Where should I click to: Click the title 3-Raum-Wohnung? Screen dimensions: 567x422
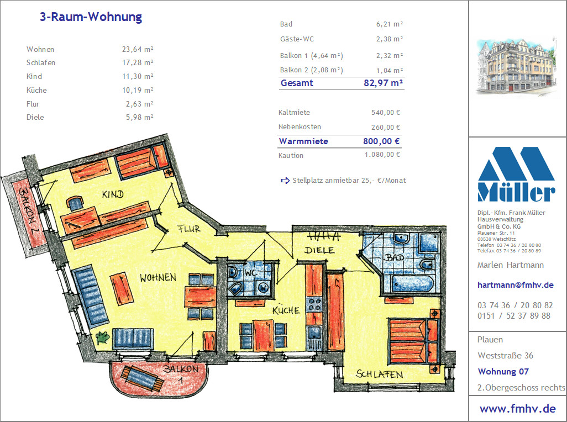click(91, 17)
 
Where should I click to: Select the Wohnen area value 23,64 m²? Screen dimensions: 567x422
click(138, 49)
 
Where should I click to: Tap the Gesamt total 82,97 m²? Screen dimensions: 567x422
click(384, 83)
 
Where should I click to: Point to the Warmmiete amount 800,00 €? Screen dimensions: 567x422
click(381, 141)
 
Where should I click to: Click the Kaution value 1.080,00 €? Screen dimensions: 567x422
click(382, 155)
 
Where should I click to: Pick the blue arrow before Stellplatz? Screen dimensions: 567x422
click(285, 180)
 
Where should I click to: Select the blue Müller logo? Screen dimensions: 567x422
click(516, 174)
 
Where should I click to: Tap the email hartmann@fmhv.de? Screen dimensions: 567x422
click(515, 284)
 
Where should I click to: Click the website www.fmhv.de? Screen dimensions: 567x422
click(517, 409)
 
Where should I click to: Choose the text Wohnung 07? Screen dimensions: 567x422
click(503, 371)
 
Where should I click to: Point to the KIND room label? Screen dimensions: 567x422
click(113, 194)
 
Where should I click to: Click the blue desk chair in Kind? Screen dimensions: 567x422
click(75, 203)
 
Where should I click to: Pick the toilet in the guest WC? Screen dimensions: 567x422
click(235, 288)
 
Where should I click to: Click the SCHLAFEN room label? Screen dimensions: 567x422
click(379, 374)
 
